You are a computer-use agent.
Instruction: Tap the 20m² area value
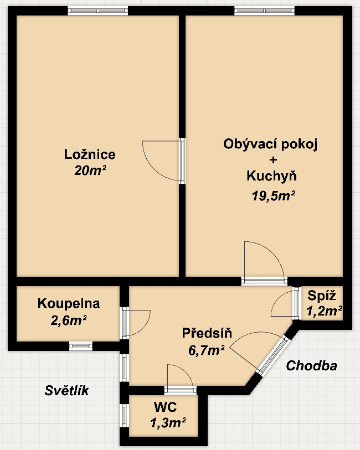click(90, 171)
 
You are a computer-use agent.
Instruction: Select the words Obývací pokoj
click(271, 144)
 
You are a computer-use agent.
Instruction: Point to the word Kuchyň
click(271, 177)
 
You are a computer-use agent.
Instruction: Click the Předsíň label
click(207, 333)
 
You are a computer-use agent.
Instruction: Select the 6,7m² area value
click(207, 349)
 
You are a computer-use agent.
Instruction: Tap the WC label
click(165, 408)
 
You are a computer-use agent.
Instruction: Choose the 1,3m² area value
click(167, 424)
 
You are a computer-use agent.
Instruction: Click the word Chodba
click(311, 366)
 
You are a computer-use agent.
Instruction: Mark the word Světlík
click(66, 391)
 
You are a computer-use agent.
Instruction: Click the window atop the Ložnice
click(97, 10)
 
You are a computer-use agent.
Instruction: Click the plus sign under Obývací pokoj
click(271, 161)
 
